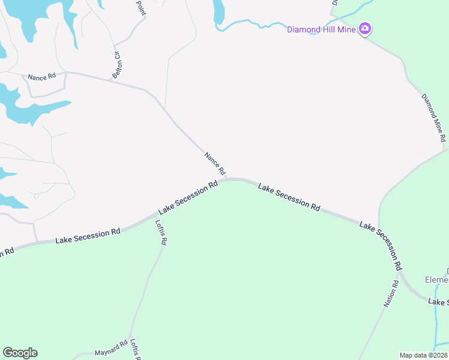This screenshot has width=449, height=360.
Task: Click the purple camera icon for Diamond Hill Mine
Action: [x=364, y=29]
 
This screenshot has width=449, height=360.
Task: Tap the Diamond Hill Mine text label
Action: [x=321, y=29]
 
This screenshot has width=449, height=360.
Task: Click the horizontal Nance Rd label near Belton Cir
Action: [x=41, y=77]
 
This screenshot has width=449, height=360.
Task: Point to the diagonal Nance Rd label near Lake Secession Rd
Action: [x=214, y=164]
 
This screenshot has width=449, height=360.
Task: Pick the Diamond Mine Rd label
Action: [x=434, y=118]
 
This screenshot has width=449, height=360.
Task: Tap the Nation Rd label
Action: [x=391, y=294]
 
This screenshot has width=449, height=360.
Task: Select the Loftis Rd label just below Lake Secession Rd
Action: [x=161, y=233]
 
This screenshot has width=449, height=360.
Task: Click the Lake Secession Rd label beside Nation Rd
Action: [x=381, y=245]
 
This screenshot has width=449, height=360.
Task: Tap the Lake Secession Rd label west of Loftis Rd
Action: [x=88, y=236]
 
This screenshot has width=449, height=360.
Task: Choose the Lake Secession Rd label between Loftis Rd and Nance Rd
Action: [x=188, y=198]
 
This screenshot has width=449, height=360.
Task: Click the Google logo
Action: [x=20, y=353]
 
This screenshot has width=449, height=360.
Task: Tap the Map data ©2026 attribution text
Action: [x=424, y=355]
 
